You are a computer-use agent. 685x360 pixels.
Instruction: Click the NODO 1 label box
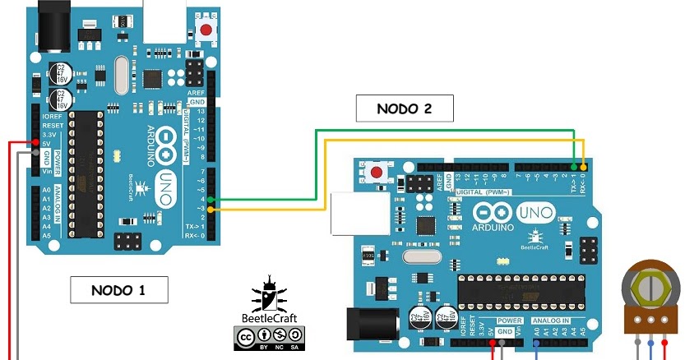point(118,289)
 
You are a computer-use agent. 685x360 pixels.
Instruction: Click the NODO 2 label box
point(405,108)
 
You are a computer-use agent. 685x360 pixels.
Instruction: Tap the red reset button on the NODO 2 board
point(377,173)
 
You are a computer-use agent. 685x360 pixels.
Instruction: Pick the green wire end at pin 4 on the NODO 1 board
point(211,199)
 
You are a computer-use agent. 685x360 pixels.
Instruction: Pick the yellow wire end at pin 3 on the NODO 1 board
point(211,210)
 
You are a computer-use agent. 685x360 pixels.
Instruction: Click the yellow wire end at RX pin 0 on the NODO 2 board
point(584,165)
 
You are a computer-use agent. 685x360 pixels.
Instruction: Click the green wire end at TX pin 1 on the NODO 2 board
point(573,165)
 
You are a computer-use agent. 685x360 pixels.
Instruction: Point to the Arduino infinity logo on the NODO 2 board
point(493,215)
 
